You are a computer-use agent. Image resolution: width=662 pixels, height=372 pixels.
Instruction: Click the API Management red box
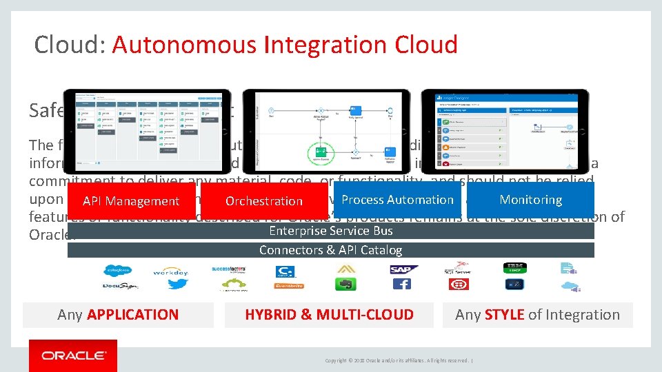coord(131,200)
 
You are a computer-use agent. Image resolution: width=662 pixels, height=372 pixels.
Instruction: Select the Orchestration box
coord(264,200)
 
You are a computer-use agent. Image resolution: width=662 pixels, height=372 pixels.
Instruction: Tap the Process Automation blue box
coord(397,199)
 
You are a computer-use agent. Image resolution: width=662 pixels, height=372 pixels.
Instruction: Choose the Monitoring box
coord(530,199)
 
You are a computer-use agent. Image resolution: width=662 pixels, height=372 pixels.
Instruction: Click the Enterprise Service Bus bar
coord(330,231)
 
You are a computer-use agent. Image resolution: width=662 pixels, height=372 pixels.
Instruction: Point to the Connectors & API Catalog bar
coord(330,250)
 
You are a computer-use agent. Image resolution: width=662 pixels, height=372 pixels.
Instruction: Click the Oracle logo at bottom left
coord(73,355)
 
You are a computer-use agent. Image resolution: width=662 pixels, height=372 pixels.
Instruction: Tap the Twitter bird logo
coord(177,284)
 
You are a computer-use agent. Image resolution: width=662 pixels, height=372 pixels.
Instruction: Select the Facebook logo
coord(402,284)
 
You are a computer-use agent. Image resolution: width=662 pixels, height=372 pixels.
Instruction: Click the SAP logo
coord(403,269)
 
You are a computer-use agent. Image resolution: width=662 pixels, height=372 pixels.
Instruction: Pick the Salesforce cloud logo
coord(118,270)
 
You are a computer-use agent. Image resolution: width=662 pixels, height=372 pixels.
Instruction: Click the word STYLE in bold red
coord(504,315)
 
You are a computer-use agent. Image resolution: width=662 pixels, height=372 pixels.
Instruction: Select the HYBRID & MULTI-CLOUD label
coord(329,315)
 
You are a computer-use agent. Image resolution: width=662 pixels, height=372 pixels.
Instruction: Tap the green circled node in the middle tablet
coord(319,152)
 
